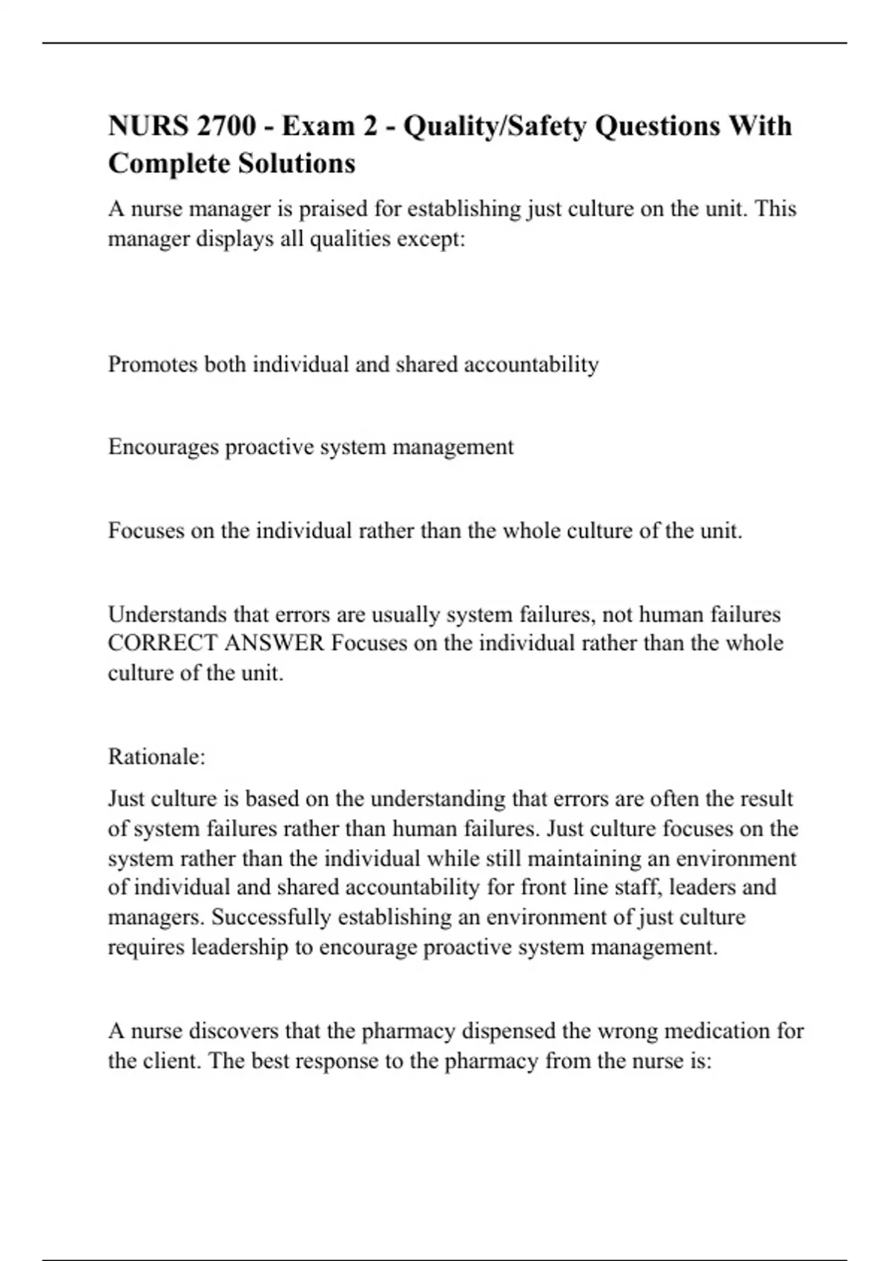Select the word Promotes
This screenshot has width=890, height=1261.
click(x=153, y=364)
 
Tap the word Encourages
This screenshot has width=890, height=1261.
click(x=163, y=447)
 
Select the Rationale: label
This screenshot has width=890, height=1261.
click(x=156, y=757)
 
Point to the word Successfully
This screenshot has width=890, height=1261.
click(x=271, y=917)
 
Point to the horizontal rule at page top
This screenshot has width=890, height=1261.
click(x=445, y=43)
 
